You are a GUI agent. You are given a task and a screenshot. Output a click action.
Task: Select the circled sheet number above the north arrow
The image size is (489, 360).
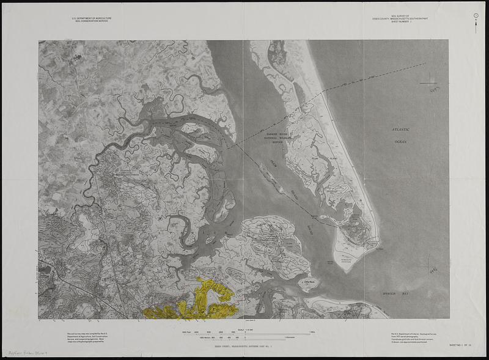476,15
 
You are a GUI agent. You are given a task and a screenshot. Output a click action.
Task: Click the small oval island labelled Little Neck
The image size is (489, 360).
309,283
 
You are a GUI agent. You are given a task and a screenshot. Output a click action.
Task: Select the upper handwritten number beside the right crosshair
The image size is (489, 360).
435,90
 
